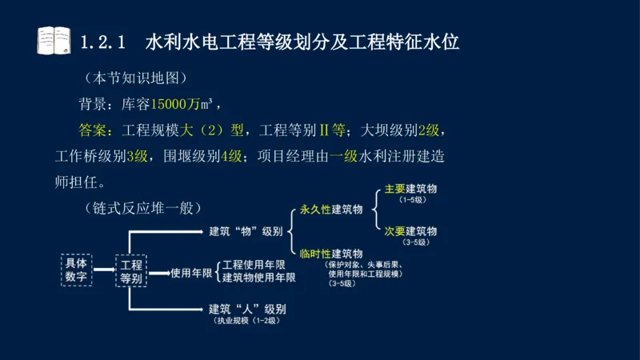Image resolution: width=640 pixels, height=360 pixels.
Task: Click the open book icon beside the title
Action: (54, 40)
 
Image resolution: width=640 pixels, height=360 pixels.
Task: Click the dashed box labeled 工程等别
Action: (130, 270)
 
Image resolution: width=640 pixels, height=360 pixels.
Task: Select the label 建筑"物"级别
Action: (246, 231)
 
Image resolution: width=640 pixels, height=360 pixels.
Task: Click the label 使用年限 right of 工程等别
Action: (190, 272)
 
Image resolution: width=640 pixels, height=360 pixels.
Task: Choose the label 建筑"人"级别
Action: (246, 309)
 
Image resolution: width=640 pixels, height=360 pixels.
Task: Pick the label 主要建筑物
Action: (410, 189)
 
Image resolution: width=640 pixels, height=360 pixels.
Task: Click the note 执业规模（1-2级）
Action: (245, 322)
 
